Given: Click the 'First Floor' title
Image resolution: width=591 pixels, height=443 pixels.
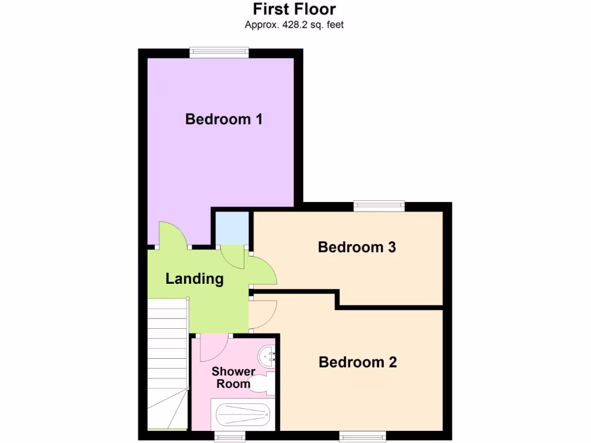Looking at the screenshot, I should click(294, 9).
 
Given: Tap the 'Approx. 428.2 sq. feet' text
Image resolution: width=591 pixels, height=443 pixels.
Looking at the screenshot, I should click(294, 25).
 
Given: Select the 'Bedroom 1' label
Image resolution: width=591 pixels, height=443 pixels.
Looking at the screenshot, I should click(224, 119).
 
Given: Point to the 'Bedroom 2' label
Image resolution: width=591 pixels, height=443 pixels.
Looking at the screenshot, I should click(358, 362).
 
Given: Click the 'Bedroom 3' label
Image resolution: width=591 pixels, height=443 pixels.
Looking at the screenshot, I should click(357, 247).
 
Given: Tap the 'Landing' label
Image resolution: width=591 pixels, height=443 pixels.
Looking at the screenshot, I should click(194, 279).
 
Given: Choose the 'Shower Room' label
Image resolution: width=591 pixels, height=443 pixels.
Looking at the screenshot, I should click(233, 378).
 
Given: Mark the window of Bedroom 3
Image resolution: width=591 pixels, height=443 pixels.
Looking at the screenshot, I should click(379, 205).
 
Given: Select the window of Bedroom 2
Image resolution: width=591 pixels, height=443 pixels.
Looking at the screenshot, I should click(362, 436).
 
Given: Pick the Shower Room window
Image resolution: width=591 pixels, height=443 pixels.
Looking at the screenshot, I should click(230, 436).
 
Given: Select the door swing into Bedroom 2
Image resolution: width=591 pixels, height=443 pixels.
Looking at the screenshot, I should click(263, 315).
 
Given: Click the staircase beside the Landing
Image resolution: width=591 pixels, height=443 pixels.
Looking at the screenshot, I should click(167, 363).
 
